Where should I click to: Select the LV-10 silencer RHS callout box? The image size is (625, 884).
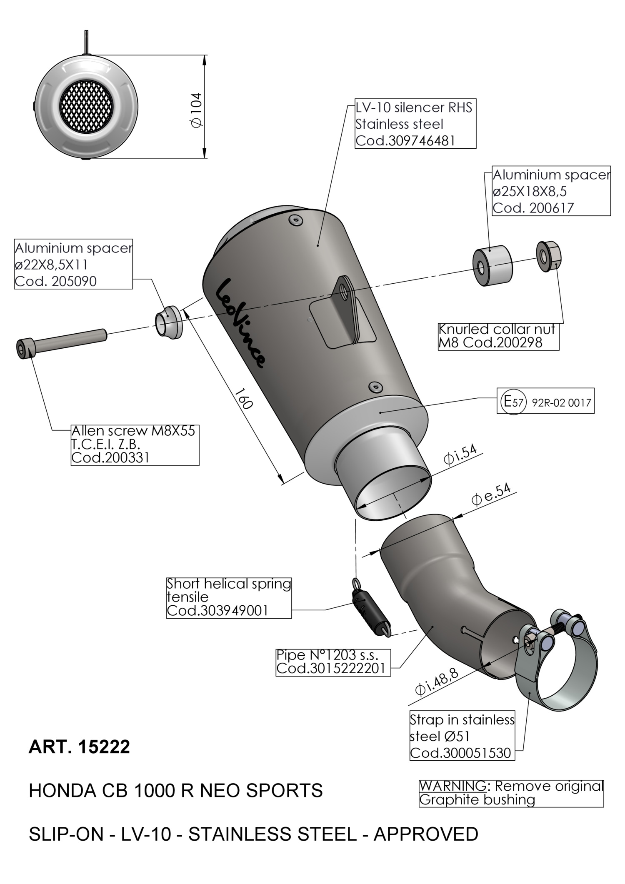point(415,124)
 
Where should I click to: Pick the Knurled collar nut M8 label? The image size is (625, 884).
point(498,336)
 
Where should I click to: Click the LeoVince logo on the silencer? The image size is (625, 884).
point(240,323)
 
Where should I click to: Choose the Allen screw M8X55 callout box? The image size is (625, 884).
point(134,444)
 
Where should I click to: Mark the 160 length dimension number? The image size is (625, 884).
point(243,399)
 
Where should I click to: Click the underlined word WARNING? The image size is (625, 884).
point(452,786)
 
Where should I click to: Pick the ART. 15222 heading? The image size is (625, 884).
point(79,747)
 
